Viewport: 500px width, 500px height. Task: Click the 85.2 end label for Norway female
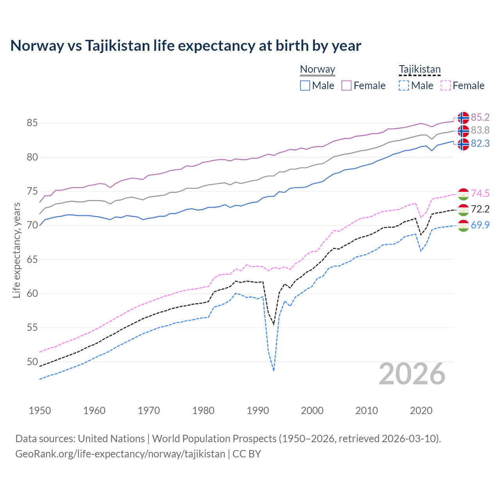tap(480, 117)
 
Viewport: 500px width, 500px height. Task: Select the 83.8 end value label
tap(480, 130)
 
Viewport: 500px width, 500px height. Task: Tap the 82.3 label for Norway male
tap(480, 144)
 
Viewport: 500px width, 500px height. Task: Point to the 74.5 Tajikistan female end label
tap(480, 193)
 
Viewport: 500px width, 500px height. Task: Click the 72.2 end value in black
tap(480, 209)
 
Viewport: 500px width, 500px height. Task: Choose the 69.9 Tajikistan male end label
tap(480, 225)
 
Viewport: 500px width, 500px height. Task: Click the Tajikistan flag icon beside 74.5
tap(463, 193)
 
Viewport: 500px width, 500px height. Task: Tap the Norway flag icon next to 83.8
tap(463, 130)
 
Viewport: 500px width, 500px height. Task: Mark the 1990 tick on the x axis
tap(258, 411)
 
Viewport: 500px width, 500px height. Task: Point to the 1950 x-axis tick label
tap(40, 411)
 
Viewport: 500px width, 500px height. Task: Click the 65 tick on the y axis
tap(32, 259)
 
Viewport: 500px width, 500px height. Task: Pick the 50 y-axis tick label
tap(32, 362)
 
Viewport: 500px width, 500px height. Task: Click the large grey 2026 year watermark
tap(412, 374)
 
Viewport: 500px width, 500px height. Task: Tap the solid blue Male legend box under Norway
tap(305, 86)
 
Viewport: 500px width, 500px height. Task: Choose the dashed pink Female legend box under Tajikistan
tap(446, 86)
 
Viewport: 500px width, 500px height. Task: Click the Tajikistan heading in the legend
tap(420, 70)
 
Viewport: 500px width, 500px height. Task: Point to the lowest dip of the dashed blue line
tap(274, 370)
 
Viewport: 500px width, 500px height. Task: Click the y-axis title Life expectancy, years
tap(16, 250)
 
